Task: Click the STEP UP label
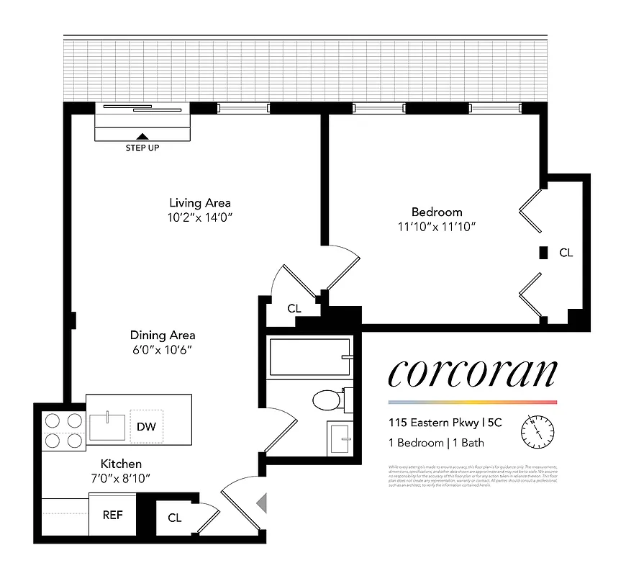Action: pos(142,148)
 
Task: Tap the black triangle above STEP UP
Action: pos(142,136)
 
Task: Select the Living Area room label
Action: pos(199,203)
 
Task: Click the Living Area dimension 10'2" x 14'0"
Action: pos(199,217)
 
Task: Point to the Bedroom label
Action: pos(436,212)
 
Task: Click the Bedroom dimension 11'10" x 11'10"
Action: pos(436,227)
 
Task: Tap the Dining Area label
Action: pos(162,335)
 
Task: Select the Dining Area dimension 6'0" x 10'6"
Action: pos(162,350)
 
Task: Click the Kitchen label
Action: pos(120,464)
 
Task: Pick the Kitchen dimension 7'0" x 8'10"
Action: pos(120,478)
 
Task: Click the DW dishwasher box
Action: pos(146,426)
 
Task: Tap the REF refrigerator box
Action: pos(112,515)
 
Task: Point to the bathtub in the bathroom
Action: pos(310,357)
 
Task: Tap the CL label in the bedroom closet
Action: pos(566,253)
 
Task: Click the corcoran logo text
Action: pos(472,373)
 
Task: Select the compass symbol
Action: pos(537,431)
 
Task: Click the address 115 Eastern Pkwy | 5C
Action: pos(445,423)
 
